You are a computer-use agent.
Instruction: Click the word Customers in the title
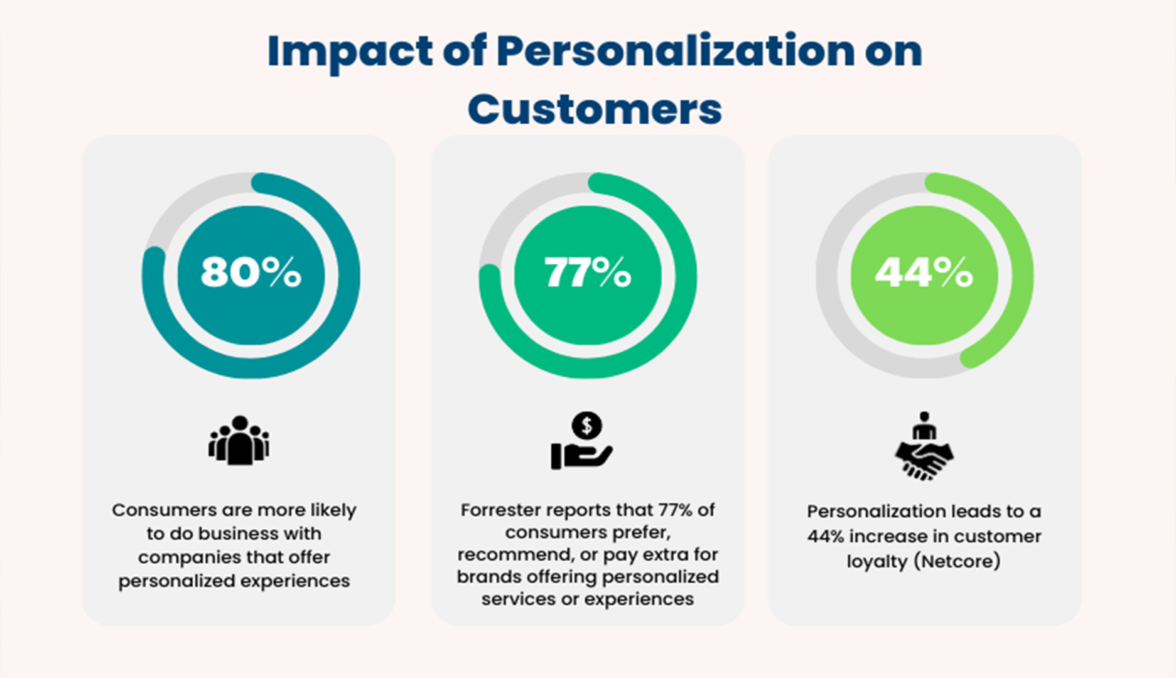[594, 109]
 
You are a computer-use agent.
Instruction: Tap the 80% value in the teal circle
[251, 272]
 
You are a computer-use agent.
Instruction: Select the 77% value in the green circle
[587, 272]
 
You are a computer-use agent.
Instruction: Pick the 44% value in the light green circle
[924, 272]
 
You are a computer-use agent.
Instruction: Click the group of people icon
[239, 440]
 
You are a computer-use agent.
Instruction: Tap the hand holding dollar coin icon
[581, 441]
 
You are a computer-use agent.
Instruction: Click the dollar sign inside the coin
[587, 426]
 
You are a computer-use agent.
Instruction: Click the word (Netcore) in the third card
[956, 561]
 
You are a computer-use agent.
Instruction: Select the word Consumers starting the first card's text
[165, 510]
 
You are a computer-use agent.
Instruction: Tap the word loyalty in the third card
[877, 561]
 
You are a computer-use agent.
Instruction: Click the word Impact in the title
[350, 51]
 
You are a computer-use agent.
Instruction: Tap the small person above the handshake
[924, 426]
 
